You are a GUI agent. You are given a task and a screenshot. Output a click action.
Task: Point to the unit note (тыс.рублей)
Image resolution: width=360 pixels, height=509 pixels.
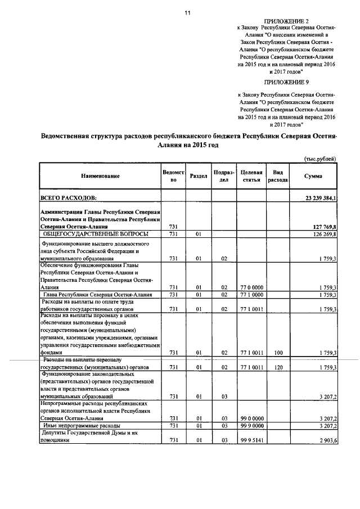319,159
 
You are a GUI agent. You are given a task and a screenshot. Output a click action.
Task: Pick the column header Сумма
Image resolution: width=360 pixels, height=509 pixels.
313,176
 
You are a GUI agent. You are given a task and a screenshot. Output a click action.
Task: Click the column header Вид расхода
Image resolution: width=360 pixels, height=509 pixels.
278,176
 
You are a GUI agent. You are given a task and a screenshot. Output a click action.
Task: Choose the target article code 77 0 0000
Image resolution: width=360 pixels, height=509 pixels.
252,287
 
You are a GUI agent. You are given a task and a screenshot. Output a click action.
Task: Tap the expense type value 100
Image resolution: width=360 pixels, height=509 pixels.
278,353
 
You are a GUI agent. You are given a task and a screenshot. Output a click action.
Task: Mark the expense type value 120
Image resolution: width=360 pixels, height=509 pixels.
278,367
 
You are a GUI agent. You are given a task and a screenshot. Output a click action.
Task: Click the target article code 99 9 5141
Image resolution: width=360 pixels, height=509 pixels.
252,440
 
